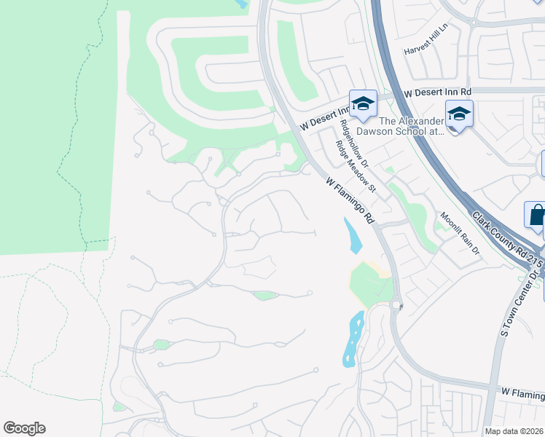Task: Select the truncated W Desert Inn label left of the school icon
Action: [324, 116]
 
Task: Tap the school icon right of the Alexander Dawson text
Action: [459, 114]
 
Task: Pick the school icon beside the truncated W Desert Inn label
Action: [362, 103]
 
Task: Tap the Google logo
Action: [24, 428]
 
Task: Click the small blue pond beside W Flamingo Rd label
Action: [354, 236]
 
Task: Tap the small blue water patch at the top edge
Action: [241, 4]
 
